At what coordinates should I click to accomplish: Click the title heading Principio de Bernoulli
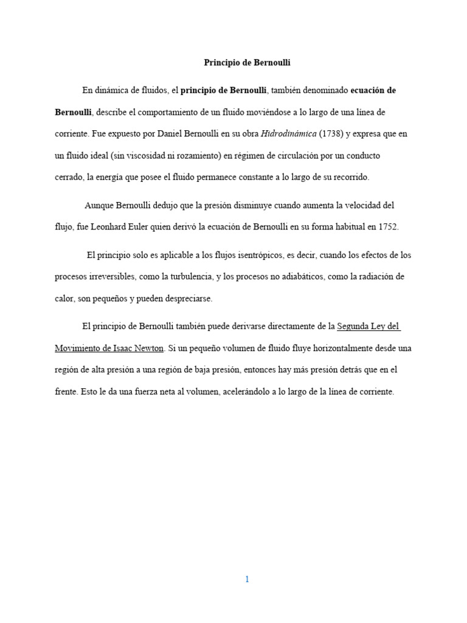click(247, 62)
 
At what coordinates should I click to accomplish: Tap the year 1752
click(388, 227)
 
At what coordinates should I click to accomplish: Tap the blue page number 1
click(247, 579)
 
